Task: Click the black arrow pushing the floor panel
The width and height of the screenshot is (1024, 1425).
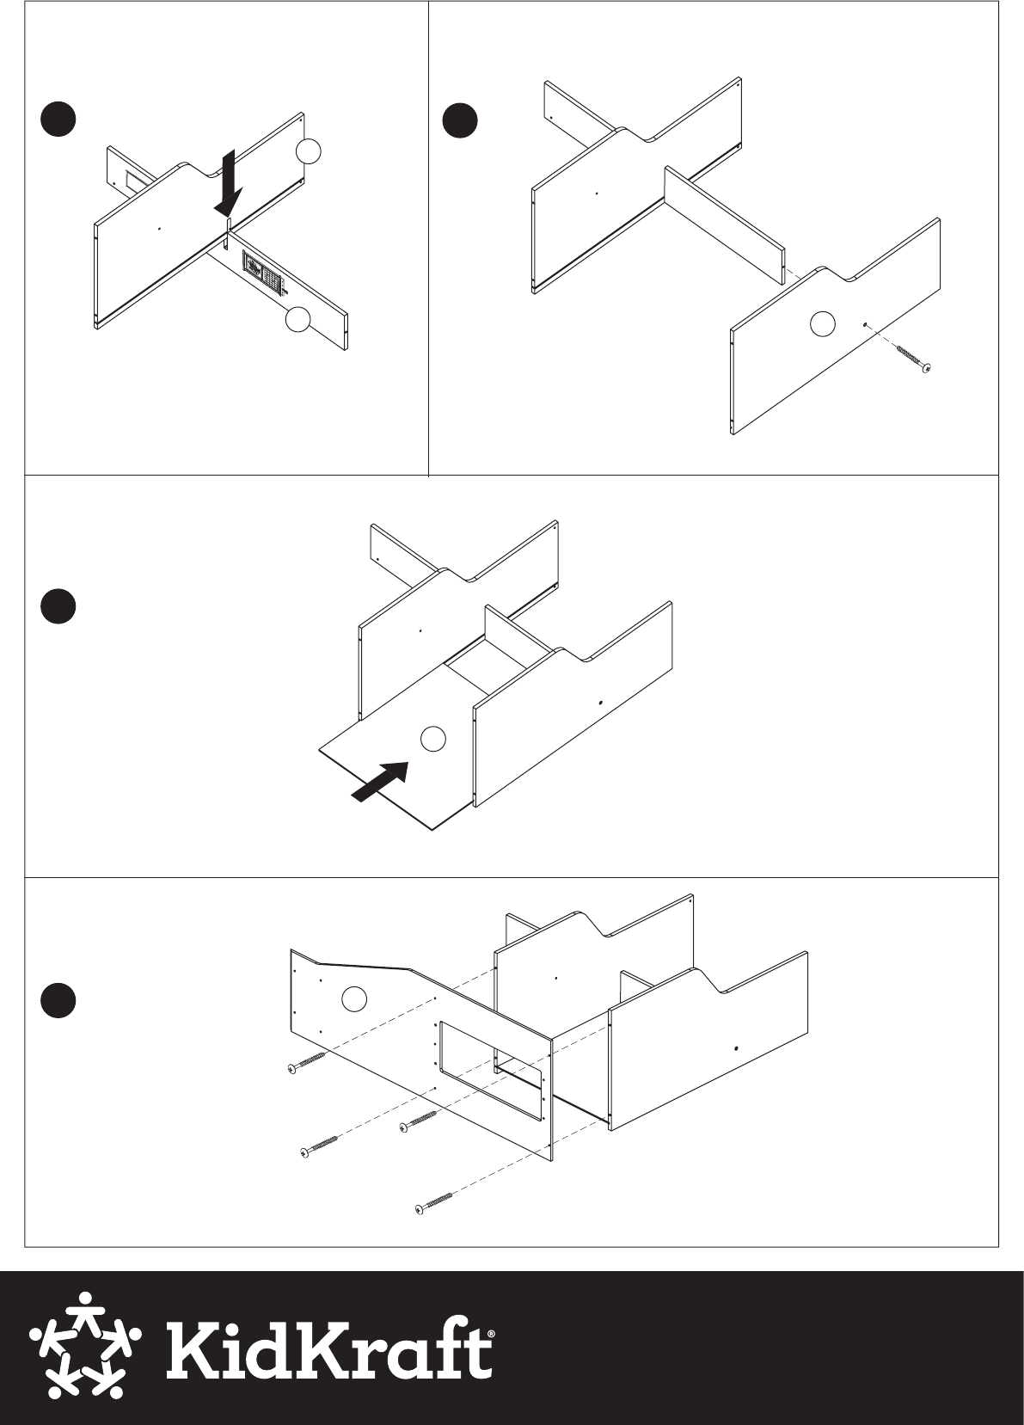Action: [380, 781]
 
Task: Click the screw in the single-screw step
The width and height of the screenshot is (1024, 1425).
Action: [913, 358]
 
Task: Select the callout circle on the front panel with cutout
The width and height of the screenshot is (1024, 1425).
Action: [354, 998]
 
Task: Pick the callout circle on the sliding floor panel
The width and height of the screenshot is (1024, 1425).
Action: [433, 739]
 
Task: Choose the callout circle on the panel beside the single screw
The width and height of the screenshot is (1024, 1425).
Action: [822, 324]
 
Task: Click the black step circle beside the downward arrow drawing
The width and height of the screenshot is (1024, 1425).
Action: [58, 119]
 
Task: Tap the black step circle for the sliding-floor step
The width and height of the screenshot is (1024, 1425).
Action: [58, 605]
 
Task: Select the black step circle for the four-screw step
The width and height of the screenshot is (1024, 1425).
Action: [58, 1000]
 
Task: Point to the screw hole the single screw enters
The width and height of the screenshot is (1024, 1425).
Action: [865, 324]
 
